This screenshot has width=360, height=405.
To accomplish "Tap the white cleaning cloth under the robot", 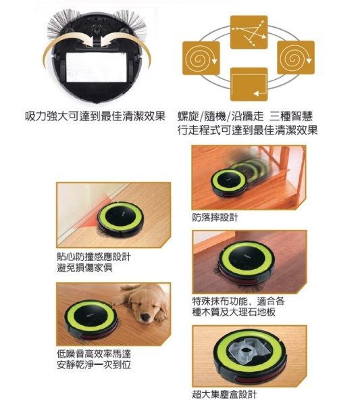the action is pos(97,67).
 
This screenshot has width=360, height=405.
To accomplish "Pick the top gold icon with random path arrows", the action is pos(249,32).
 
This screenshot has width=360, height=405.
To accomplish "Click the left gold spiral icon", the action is pos(201,58).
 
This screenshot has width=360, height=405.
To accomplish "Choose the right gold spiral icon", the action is pos(296,57).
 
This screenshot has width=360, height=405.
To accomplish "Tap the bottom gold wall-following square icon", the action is pos(249,85).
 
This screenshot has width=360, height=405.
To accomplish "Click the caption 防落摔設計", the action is pos(215,218).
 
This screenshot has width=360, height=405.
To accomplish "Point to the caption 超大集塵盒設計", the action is pos(224,394).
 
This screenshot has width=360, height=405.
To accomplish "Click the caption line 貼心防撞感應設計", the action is pos(94,257).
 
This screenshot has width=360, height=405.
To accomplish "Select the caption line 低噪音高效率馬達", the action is pos(94,354).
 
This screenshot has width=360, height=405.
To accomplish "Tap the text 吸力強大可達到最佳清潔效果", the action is pos(95,116).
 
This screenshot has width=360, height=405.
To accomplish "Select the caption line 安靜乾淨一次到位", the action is pos(94,364).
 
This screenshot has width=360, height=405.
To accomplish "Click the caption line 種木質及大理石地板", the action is pos(234,312).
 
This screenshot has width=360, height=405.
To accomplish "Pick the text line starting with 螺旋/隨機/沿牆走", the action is pos(245,116).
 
